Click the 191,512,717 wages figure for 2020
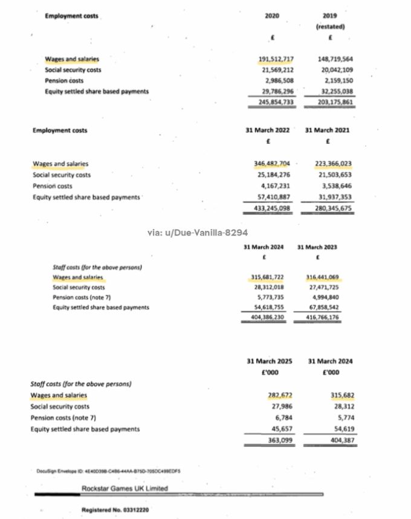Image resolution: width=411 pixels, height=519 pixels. (x=276, y=59)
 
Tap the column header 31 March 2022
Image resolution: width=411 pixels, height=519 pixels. (x=267, y=130)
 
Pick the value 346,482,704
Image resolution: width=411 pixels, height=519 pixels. (x=273, y=164)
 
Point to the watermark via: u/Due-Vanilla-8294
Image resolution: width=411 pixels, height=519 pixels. (x=197, y=233)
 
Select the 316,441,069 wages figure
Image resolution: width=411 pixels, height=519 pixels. (x=322, y=277)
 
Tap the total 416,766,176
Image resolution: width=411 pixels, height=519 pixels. (x=322, y=317)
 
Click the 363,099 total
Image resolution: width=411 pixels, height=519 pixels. (x=280, y=440)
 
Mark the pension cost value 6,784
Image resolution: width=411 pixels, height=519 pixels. (x=283, y=417)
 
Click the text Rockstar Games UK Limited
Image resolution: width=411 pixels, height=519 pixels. (x=125, y=488)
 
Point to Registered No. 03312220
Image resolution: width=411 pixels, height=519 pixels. (x=115, y=511)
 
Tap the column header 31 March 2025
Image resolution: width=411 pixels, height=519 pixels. (x=270, y=361)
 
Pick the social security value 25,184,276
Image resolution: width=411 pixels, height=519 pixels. (x=274, y=175)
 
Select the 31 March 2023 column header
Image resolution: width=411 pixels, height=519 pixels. (x=317, y=247)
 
